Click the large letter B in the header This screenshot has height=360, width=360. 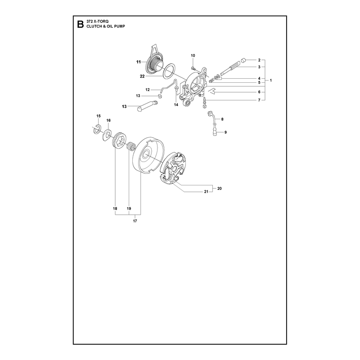point(81,24)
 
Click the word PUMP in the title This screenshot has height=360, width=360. point(120,27)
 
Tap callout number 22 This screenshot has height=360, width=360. point(142,76)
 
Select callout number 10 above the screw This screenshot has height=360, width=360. point(193,55)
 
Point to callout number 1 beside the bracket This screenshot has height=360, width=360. point(271,81)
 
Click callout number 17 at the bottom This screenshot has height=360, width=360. point(135,221)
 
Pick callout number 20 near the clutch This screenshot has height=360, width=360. point(220,189)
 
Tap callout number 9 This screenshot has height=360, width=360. point(225,132)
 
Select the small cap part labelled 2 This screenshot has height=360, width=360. point(243,61)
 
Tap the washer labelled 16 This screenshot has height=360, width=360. point(107,135)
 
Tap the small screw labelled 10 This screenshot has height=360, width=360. point(193,68)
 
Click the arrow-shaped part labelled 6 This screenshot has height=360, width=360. point(211,91)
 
